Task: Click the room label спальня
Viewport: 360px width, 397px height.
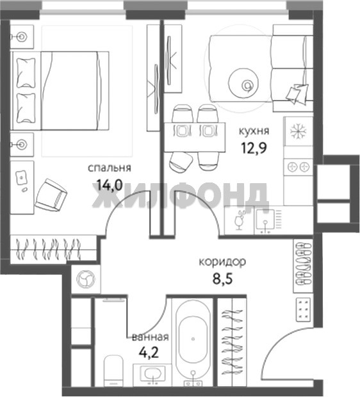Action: click(110, 168)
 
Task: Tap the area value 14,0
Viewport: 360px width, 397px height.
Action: click(110, 184)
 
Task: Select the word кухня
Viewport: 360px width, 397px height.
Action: click(254, 131)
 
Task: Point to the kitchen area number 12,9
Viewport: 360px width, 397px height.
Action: click(254, 148)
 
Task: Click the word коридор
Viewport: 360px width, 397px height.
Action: click(222, 262)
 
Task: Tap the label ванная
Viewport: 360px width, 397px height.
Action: click(151, 337)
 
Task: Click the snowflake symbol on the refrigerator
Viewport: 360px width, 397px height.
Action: click(298, 131)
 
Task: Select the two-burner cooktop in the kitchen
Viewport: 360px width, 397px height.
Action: click(298, 167)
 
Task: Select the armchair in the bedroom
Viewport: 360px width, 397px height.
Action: click(51, 195)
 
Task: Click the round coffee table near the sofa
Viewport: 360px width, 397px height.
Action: click(243, 83)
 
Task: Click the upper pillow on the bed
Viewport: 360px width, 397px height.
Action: click(26, 73)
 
